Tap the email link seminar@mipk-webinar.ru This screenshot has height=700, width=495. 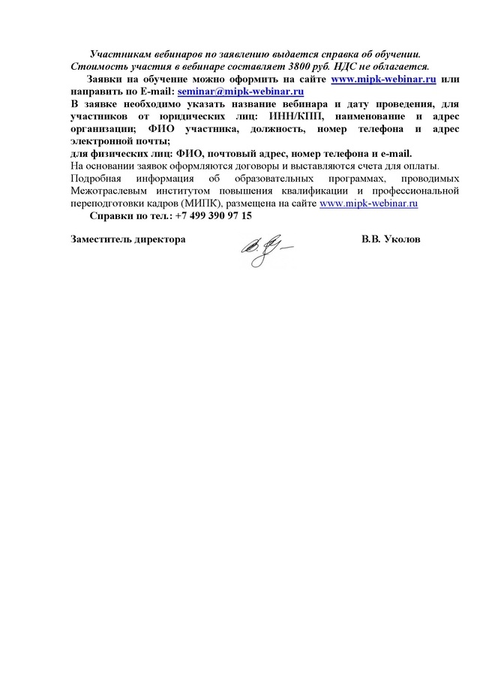(x=240, y=91)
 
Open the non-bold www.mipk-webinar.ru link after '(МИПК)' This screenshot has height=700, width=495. (x=368, y=203)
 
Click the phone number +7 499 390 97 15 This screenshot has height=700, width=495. (x=212, y=215)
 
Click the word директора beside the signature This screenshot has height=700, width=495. (x=159, y=239)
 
